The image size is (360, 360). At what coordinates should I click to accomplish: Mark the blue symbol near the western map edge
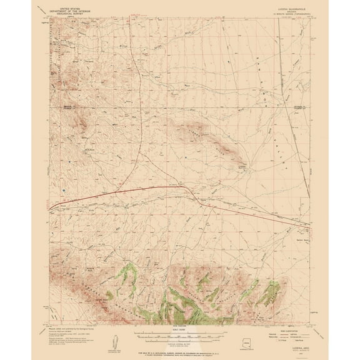62,185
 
